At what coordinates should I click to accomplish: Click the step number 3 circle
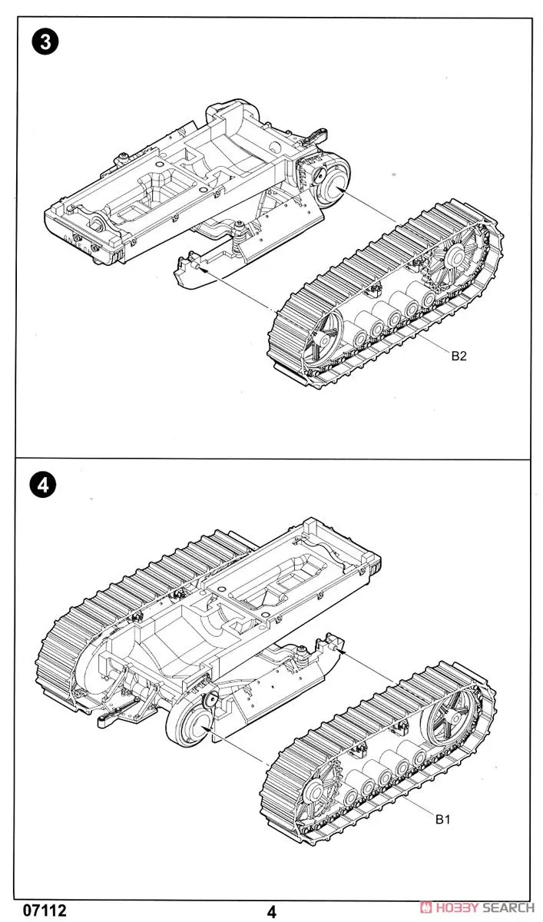tap(45, 43)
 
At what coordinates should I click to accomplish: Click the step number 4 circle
tap(45, 485)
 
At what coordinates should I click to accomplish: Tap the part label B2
tap(459, 356)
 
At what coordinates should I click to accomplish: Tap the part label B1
tap(443, 820)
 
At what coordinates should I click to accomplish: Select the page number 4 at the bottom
tap(271, 912)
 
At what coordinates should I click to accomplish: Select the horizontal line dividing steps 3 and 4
tap(272, 459)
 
